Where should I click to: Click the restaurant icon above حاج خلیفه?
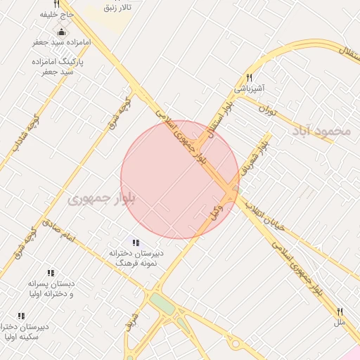tap(56, 4)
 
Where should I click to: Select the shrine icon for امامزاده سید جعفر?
tap(62, 32)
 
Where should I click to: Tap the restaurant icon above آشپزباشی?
tap(249, 78)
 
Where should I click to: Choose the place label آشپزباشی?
tap(249, 89)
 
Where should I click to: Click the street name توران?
tap(267, 110)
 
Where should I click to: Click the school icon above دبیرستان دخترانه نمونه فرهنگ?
tap(136, 243)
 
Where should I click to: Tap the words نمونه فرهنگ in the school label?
tap(134, 261)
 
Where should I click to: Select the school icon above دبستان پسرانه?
tap(51, 272)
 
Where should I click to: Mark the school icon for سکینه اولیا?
tap(20, 316)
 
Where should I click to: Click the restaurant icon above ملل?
tap(340, 311)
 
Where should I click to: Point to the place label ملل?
tap(340, 321)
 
